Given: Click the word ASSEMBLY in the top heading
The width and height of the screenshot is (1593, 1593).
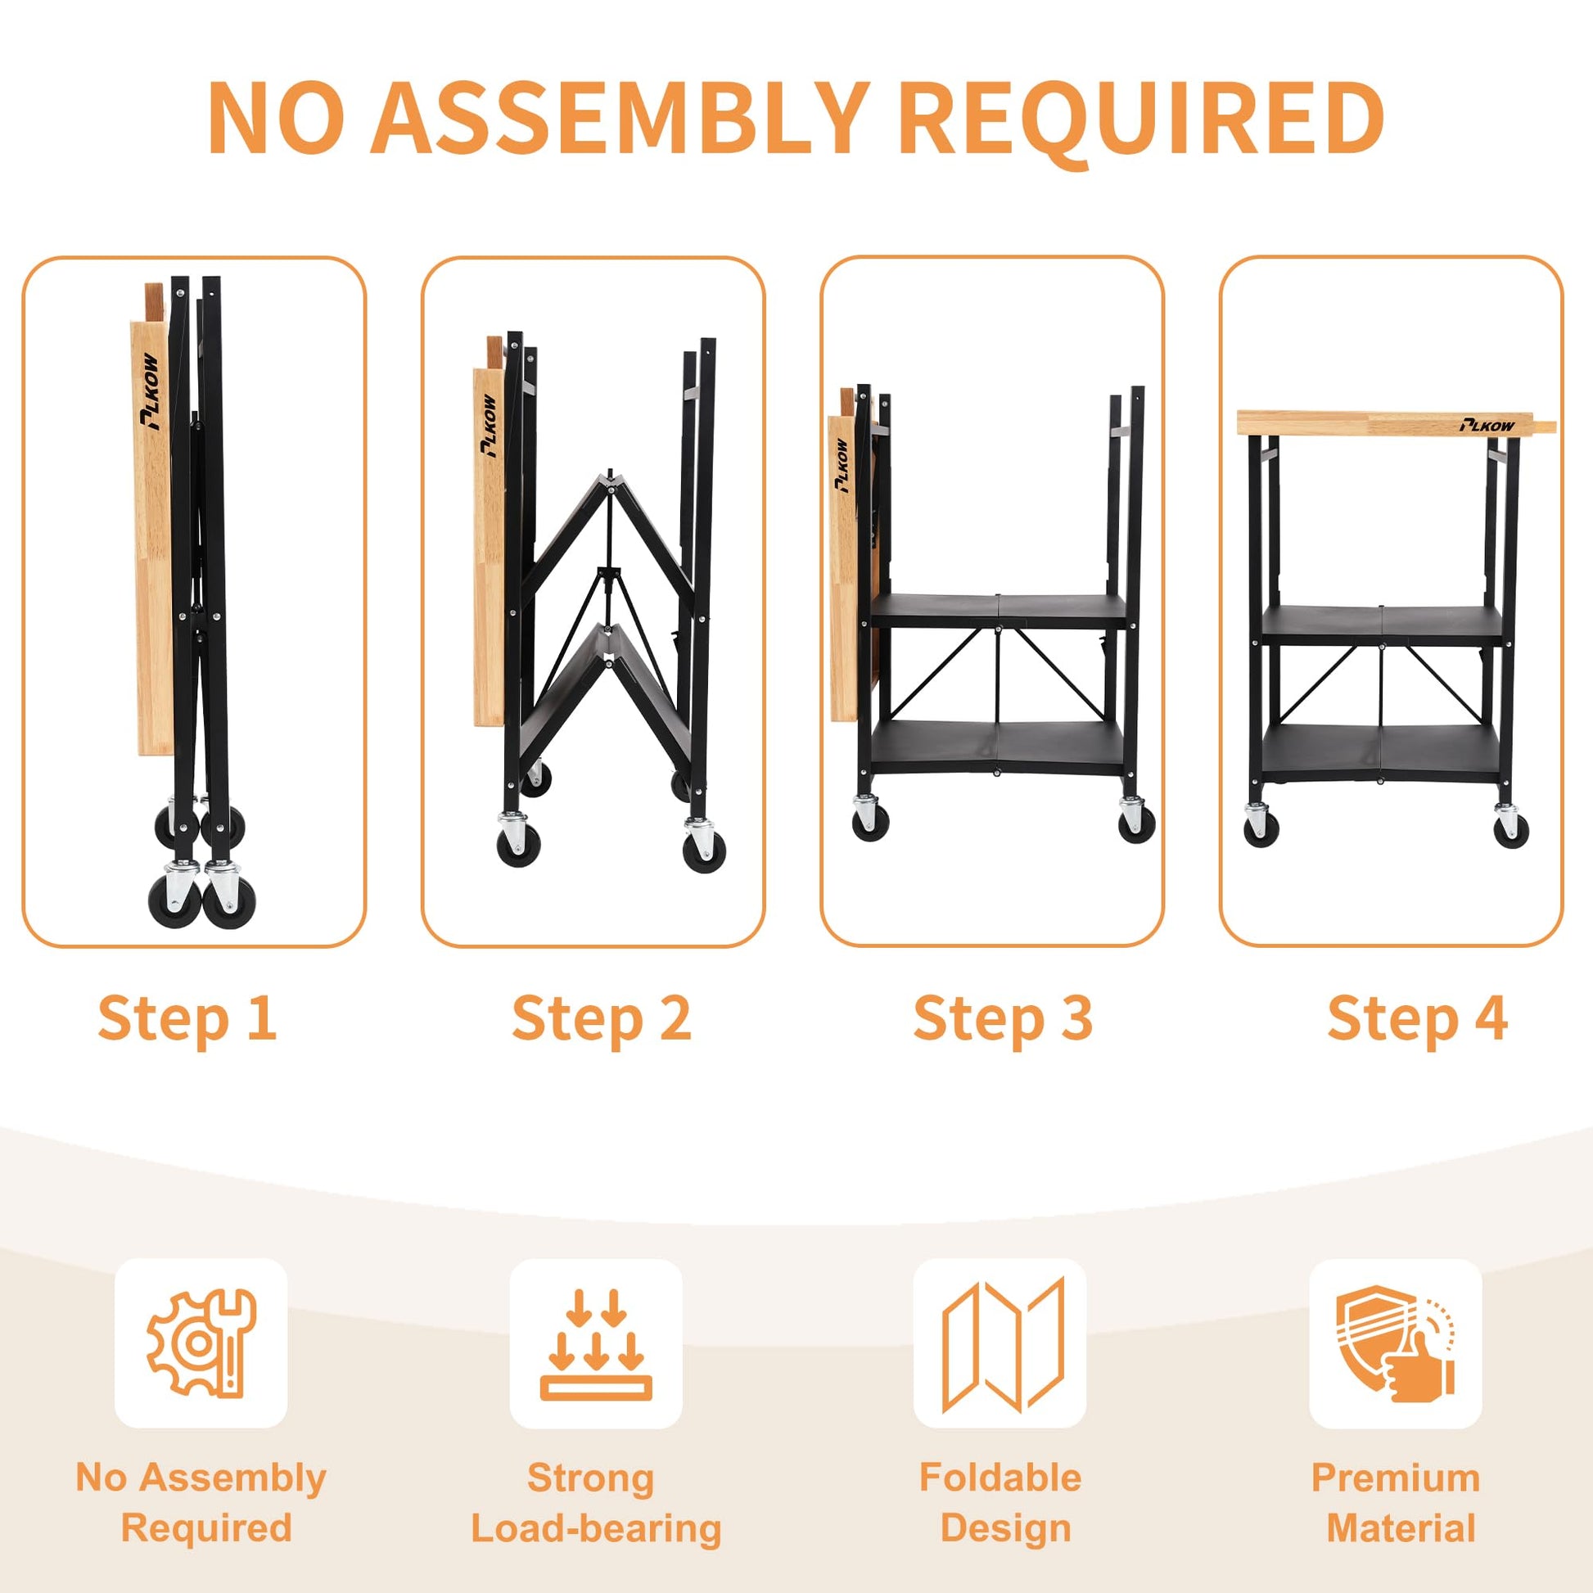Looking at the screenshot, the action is [x=620, y=117].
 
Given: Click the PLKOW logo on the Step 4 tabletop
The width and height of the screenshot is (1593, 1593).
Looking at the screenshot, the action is [x=1487, y=426].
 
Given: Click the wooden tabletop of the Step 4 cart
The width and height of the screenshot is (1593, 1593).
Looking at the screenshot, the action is [x=1397, y=423].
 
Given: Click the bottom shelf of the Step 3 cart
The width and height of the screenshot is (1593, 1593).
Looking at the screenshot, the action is [x=999, y=747].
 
